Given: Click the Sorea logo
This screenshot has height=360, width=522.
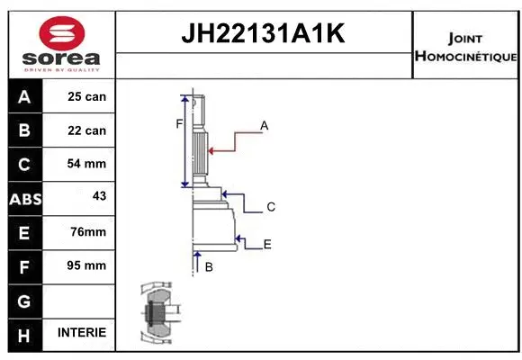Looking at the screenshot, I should tap(61, 44).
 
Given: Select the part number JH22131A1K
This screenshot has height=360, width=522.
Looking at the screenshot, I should tap(263, 34).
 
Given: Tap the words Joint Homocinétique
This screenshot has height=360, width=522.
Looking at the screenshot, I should tap(464, 48).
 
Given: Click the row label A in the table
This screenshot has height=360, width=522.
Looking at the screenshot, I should tap(24, 96).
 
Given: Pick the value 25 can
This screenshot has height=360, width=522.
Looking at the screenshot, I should tap(86, 96).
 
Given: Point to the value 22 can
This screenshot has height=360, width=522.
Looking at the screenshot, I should tap(86, 130).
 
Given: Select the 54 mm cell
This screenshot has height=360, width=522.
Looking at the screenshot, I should tap(86, 164).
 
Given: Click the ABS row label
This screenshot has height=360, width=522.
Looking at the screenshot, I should tap(24, 199).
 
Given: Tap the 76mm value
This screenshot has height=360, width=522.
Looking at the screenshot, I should tap(87, 232).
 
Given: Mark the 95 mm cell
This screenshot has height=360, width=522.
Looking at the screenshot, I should tap(86, 265).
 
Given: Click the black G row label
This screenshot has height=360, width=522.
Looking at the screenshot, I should tap(24, 300).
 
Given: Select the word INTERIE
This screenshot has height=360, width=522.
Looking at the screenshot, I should tap(82, 333).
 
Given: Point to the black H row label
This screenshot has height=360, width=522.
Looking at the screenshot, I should tap(24, 334).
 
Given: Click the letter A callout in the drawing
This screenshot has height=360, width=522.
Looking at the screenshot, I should tap(265, 126).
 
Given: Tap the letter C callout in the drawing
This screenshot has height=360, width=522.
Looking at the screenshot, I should tap(270, 207).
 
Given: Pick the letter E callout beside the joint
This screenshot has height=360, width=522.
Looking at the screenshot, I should tap(267, 244).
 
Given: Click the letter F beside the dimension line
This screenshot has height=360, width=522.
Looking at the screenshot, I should tap(179, 123).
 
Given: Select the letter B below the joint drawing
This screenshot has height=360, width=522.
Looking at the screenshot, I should tap(208, 266).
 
